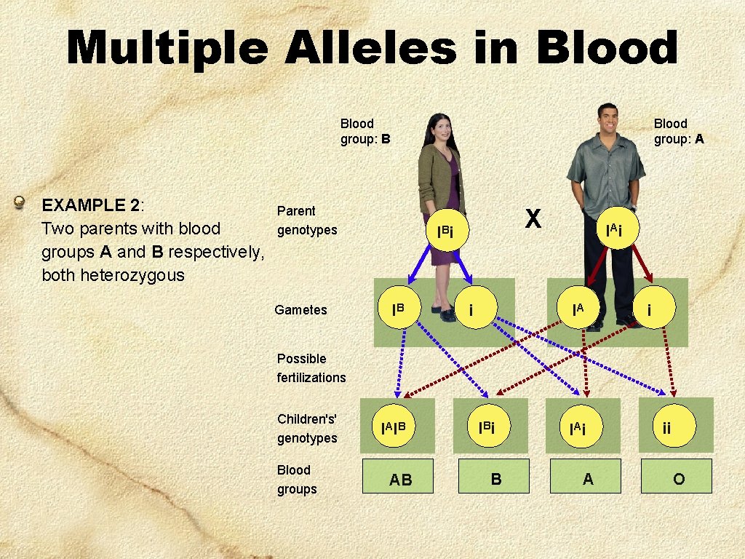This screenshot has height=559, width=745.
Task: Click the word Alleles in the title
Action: point(371,49)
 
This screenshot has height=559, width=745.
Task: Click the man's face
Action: point(607,119)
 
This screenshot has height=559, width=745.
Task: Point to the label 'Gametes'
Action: point(300,310)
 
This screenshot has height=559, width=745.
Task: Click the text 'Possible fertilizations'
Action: point(311,368)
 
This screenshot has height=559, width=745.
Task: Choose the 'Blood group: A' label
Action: point(678,131)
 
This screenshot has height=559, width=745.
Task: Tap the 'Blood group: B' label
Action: point(364,131)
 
